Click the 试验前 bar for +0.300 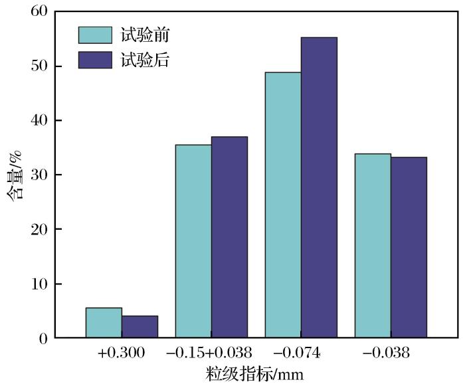104,323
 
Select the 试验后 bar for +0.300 139,327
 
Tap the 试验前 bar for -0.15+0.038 193,241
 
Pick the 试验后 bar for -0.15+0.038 229,237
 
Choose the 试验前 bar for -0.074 283,205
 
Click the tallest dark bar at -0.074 319,187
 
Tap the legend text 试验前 145,35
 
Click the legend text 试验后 145,60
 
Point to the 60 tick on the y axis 39,12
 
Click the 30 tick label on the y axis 39,175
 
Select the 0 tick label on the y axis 43,338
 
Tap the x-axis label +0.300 121,353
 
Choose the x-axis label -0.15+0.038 211,353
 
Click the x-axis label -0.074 301,353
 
